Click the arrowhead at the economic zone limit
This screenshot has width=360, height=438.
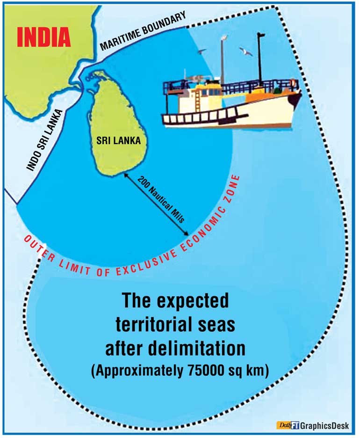(x=187, y=234)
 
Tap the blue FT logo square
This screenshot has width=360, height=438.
(x=295, y=425)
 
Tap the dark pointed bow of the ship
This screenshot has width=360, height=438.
(x=295, y=98)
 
